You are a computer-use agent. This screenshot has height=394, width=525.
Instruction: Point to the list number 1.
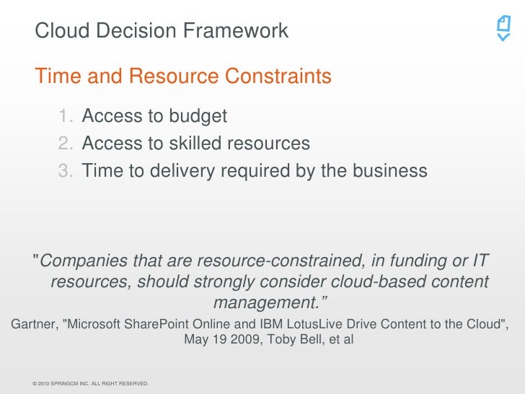coord(66,116)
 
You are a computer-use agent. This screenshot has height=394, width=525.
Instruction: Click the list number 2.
coord(66,144)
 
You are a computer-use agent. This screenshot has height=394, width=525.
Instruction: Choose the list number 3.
coord(66,171)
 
